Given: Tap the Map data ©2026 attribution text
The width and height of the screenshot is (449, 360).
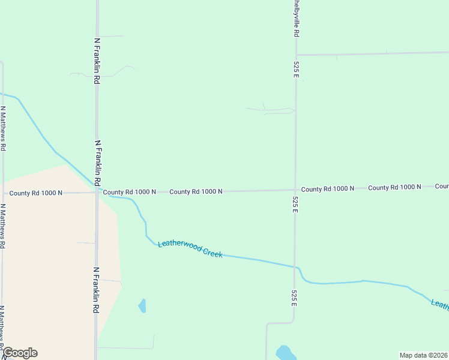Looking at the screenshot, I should [x=423, y=355].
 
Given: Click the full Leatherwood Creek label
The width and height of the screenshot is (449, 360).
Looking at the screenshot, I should [x=190, y=250].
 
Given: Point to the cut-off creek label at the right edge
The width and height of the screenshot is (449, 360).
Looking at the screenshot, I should [x=440, y=305].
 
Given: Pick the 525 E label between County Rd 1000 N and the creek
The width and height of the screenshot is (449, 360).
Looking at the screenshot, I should [x=295, y=205].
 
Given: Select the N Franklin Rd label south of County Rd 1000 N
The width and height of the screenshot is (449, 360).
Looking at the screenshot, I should [x=96, y=290].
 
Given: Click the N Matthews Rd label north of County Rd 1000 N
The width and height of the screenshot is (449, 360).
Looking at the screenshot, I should [x=4, y=128].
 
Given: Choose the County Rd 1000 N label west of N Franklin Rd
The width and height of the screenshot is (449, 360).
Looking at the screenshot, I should [x=36, y=193].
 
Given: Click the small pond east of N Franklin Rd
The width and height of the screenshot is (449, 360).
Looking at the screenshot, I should [x=142, y=306].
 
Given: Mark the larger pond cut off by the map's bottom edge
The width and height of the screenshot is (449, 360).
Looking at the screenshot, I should [x=286, y=353].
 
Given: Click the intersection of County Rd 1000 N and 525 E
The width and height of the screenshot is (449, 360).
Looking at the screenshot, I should [x=295, y=190].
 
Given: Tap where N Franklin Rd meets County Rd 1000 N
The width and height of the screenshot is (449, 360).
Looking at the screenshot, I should [x=97, y=192].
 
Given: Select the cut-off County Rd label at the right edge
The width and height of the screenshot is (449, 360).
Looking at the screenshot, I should [x=442, y=187].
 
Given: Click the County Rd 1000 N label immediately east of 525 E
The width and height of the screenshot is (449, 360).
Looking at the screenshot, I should [x=327, y=189].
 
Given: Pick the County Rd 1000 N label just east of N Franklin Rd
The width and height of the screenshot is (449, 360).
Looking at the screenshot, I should [x=129, y=192].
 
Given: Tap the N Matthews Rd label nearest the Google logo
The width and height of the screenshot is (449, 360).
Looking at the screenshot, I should [x=4, y=328].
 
